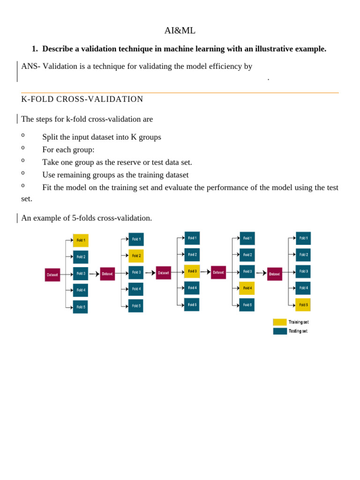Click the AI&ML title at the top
pos(180,30)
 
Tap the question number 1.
pos(34,49)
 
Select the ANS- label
pos(30,66)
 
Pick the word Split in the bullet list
pos(51,137)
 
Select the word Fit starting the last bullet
pos(48,187)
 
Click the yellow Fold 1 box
pos(81,240)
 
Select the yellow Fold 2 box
pos(136,256)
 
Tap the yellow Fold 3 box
pos(192,271)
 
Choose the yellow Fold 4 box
pos(247,288)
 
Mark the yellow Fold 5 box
pos(303,305)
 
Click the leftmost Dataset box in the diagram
pos(52,275)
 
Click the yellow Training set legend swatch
pos(280,322)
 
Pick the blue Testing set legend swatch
pos(280,331)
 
